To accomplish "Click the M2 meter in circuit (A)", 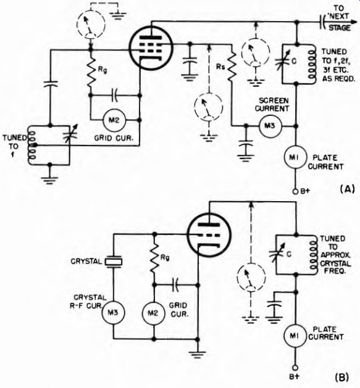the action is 114,120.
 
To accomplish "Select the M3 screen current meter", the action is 270,126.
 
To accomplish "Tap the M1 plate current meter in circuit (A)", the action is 295,158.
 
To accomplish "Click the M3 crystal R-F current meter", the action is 113,313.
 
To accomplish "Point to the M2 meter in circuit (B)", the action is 154,313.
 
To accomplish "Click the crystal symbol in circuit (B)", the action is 113,262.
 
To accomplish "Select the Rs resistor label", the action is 220,67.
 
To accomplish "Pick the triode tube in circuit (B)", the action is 209,236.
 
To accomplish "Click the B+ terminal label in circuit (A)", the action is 305,191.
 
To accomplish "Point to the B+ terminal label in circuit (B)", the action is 295,377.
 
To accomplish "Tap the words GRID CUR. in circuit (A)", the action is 114,138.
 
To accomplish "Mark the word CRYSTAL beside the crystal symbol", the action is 86,262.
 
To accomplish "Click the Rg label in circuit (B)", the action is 165,258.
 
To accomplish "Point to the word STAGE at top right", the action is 340,28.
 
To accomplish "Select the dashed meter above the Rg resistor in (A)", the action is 91,25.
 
